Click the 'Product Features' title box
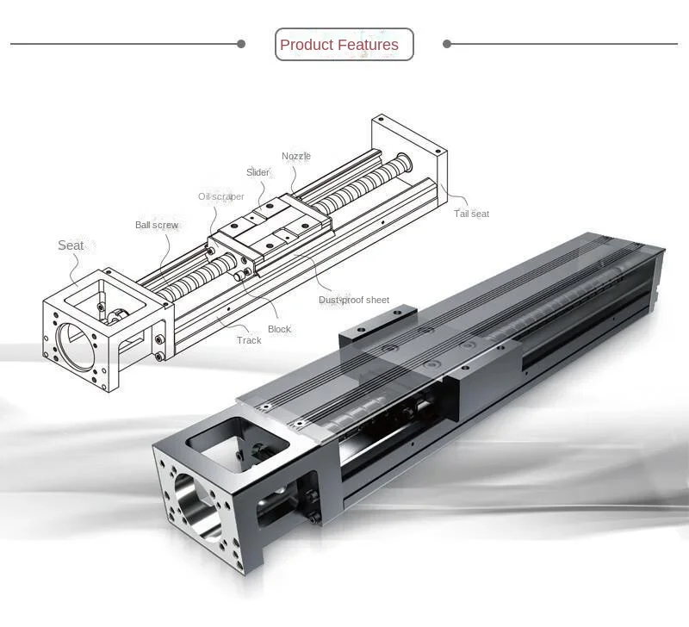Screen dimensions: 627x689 pyautogui.click(x=344, y=45)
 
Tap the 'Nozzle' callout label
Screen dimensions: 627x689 pyautogui.click(x=296, y=156)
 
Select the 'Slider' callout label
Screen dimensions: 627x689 pyautogui.click(x=258, y=172)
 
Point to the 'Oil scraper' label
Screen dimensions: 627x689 pyautogui.click(x=221, y=196)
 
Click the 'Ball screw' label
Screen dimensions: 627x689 pyautogui.click(x=157, y=225)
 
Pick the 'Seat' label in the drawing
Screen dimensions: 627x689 pyautogui.click(x=71, y=245)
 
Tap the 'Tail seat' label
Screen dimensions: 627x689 pyautogui.click(x=471, y=214)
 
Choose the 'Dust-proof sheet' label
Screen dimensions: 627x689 pyautogui.click(x=354, y=300)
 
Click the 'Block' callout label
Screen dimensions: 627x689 pyautogui.click(x=279, y=329)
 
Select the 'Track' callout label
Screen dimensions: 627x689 pyautogui.click(x=249, y=340)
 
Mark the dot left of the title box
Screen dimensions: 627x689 pyautogui.click(x=241, y=44)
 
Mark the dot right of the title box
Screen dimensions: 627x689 pyautogui.click(x=446, y=44)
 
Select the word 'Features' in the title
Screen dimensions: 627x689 pyautogui.click(x=368, y=45)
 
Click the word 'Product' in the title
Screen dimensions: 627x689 pyautogui.click(x=307, y=45)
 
